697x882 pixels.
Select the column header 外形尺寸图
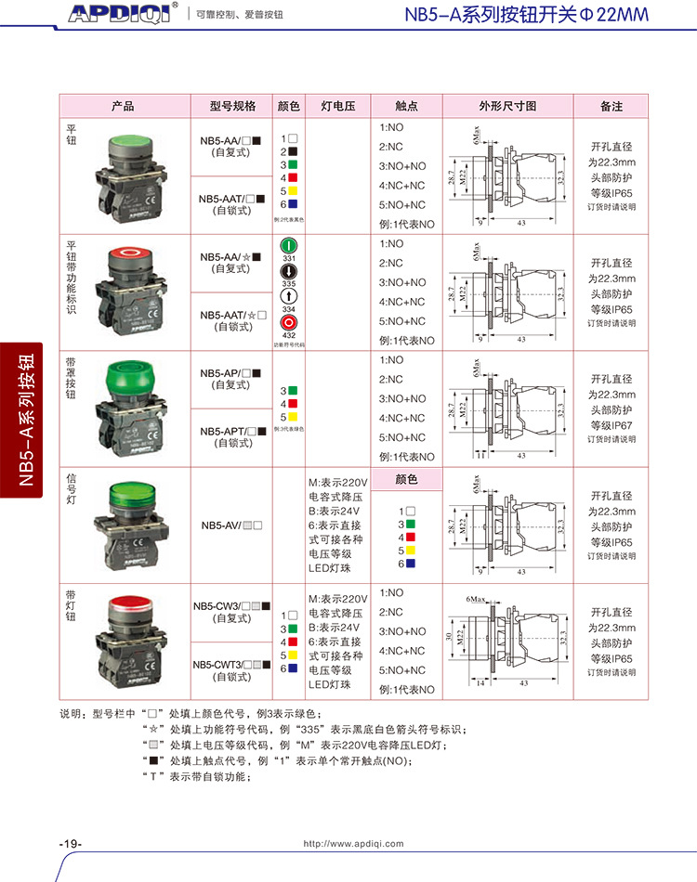click(x=507, y=106)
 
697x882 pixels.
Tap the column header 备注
click(x=611, y=106)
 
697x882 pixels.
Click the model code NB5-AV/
click(x=221, y=525)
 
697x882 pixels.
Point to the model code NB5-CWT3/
click(x=217, y=664)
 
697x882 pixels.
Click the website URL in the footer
click(x=354, y=843)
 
